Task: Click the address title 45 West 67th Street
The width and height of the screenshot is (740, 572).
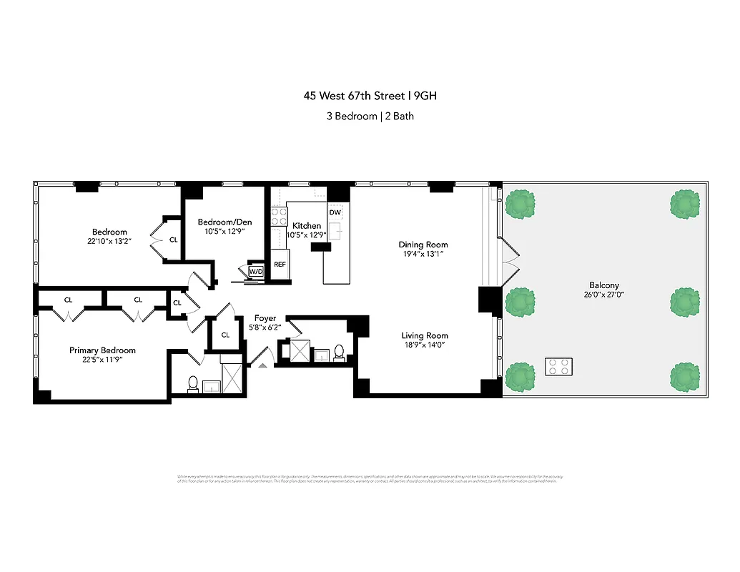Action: coord(370,96)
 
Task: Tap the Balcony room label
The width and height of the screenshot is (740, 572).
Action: coord(604,285)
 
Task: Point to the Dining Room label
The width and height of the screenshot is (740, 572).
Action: coord(423,245)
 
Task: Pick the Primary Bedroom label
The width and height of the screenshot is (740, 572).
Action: coord(102,350)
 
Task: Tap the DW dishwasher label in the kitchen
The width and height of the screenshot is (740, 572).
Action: coord(335,212)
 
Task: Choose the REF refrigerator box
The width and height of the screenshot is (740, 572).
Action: coord(280,264)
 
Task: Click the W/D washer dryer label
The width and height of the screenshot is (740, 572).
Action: coord(256,272)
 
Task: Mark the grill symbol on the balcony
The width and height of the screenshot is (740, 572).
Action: coord(559,367)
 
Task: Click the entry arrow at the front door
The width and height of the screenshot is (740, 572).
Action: coord(262,365)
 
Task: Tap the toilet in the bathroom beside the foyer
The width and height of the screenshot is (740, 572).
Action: coord(339,352)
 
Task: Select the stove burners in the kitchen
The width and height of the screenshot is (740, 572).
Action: coord(279,217)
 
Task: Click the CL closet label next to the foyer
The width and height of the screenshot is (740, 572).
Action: coord(225,335)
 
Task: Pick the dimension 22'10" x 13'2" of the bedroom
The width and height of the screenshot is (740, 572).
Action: coord(109,241)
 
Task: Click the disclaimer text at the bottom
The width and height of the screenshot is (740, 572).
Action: coord(370,478)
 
